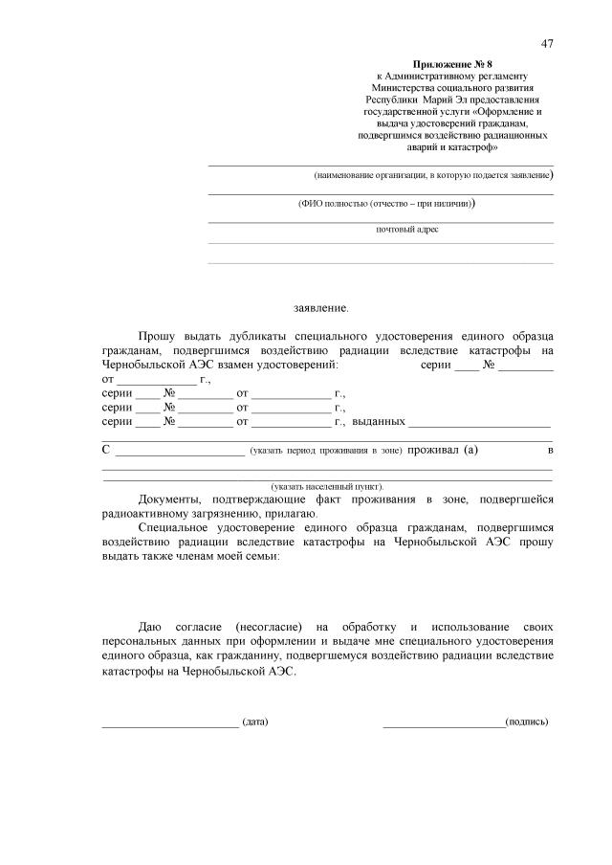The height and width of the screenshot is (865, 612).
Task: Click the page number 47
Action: tap(547, 43)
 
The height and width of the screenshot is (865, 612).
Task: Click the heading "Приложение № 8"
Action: tap(450, 63)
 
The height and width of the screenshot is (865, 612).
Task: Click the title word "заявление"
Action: tap(321, 308)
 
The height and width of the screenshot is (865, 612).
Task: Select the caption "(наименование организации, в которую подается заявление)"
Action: tap(434, 176)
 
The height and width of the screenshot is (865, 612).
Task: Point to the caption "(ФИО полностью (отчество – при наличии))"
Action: tap(387, 204)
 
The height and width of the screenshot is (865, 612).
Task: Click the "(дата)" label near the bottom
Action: tap(255, 721)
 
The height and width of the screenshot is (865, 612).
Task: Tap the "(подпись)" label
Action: tap(527, 721)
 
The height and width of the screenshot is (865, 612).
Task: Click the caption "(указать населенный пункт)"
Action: tap(328, 486)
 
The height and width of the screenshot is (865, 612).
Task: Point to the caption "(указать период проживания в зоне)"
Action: tap(325, 451)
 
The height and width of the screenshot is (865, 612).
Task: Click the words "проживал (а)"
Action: tap(443, 450)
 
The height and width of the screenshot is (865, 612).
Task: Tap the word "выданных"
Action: tap(380, 421)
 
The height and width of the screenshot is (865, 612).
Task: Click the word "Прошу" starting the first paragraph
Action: tap(159, 337)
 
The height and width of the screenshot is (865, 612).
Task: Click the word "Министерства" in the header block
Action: tap(415, 86)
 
